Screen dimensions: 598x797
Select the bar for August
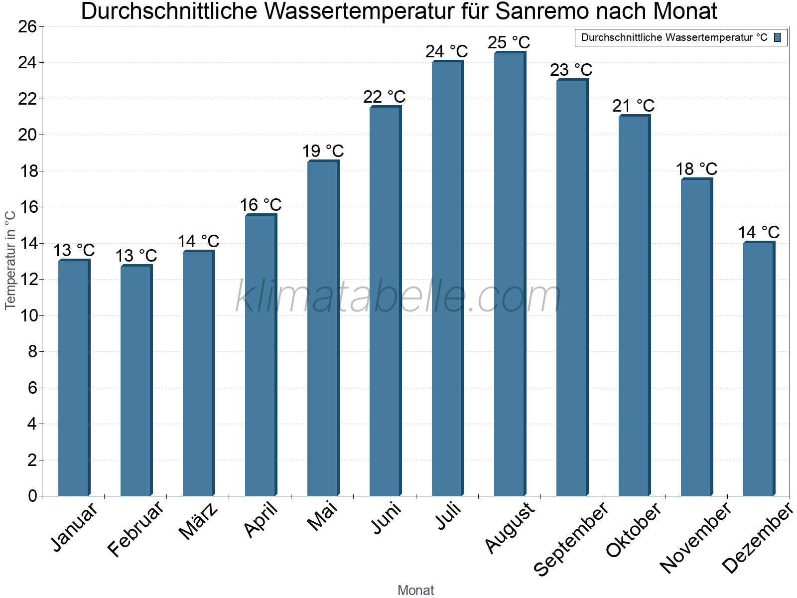[510, 274]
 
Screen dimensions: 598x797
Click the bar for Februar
[136, 381]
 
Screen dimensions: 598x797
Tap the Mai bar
[323, 329]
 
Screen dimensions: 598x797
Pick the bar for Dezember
[759, 369]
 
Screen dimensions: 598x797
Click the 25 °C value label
[509, 42]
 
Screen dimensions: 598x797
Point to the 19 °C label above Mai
[323, 151]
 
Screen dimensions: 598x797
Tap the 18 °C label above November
[696, 169]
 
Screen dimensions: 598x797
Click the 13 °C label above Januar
[74, 250]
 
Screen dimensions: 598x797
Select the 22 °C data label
[385, 97]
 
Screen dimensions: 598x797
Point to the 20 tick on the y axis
[27, 135]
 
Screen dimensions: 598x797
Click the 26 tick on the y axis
[27, 26]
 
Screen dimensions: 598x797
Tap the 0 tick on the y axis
[33, 496]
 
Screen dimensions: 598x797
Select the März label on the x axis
[199, 521]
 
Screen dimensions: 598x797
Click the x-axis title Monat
[416, 590]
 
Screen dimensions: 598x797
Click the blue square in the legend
[778, 37]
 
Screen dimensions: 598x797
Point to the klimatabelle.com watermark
[398, 297]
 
